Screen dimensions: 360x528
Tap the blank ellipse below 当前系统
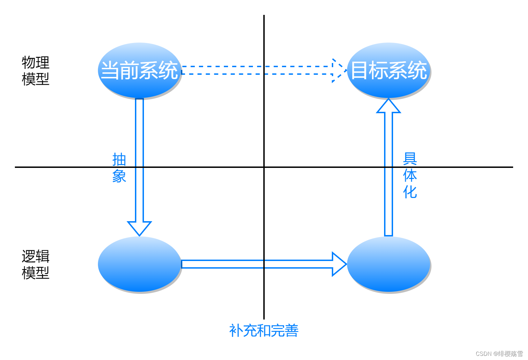(x=139, y=264)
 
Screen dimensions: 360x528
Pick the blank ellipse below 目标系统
(x=389, y=264)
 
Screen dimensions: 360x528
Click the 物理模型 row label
(x=35, y=71)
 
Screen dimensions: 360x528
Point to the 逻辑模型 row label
(x=35, y=264)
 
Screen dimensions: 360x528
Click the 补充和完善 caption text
(x=264, y=331)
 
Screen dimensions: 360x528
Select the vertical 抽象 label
(x=119, y=168)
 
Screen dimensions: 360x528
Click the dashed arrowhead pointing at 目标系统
(x=338, y=70)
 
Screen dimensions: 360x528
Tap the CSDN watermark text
(x=499, y=353)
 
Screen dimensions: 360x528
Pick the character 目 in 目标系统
(x=358, y=70)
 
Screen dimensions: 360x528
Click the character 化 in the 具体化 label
(x=410, y=192)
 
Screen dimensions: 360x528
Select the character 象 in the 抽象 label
(x=119, y=176)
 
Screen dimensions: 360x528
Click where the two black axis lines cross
(x=264, y=167)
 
